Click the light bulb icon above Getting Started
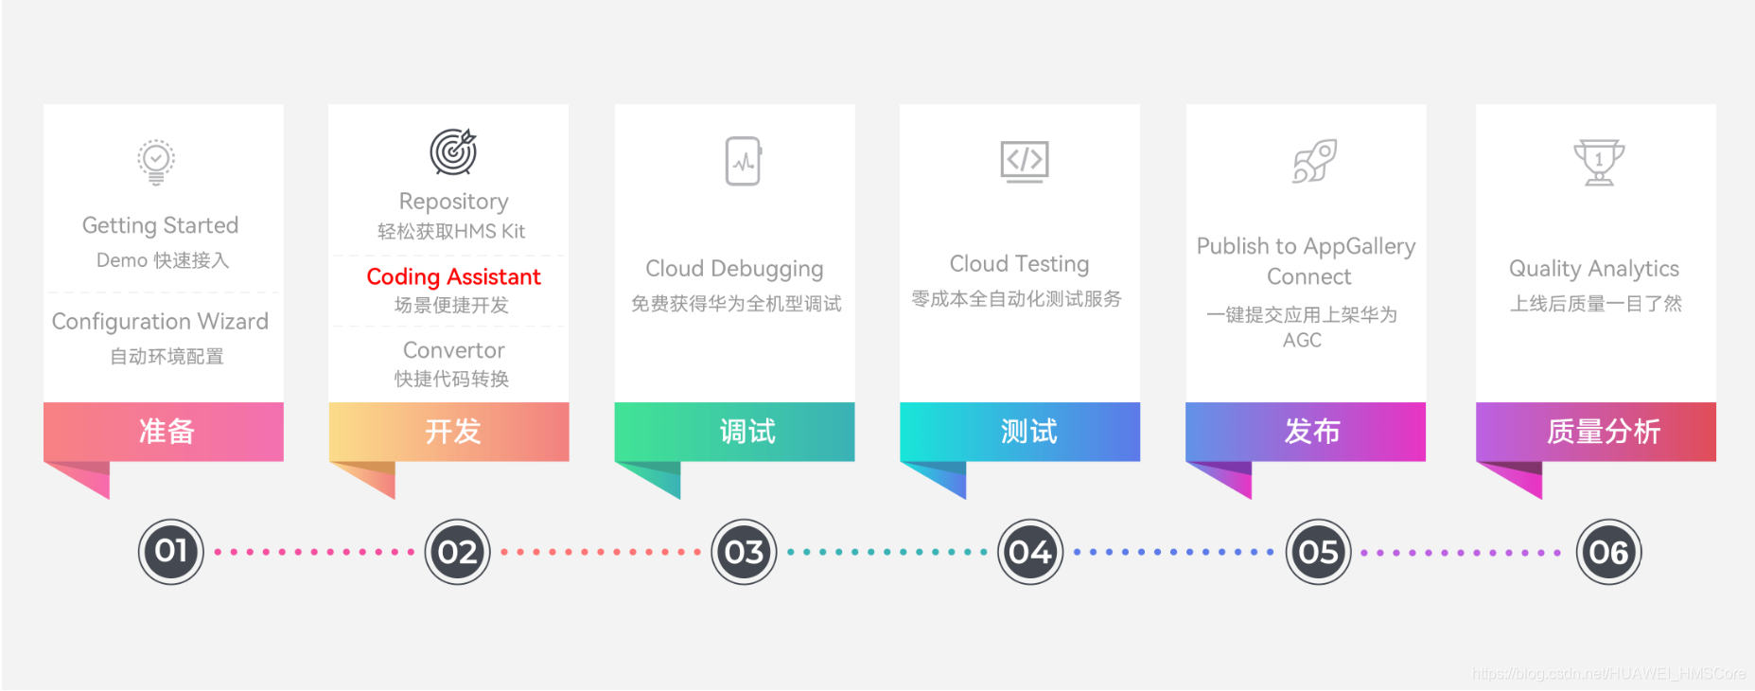[156, 162]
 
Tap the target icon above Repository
[454, 151]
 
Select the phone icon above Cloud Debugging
[744, 161]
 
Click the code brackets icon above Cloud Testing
[1025, 162]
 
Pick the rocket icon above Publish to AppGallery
[1314, 161]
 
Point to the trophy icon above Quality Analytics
[1599, 163]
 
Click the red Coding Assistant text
[454, 276]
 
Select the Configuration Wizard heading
[160, 322]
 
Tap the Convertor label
[454, 350]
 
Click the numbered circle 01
[171, 552]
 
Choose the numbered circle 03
[744, 552]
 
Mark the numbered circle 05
[1318, 552]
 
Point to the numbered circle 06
[1608, 552]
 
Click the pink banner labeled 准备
[164, 432]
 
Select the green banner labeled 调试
[735, 432]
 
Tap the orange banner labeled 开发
[449, 432]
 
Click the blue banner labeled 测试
[1020, 432]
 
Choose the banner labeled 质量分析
[1596, 432]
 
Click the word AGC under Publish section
[1302, 340]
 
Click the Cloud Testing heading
[1020, 264]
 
